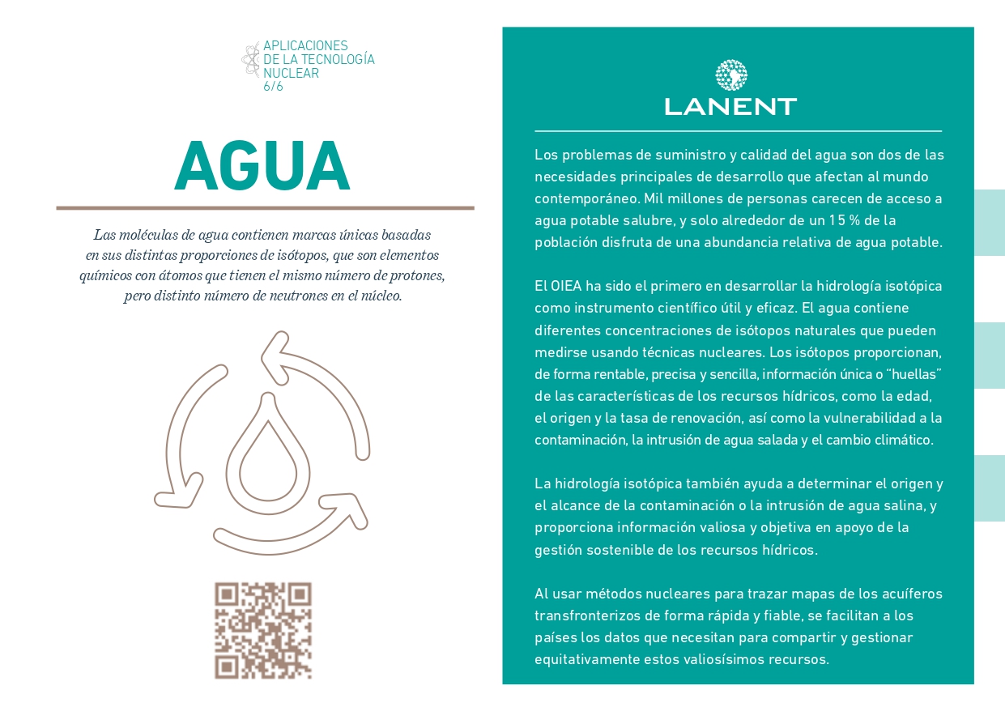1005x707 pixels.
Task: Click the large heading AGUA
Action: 262,167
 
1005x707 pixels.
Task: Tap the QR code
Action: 263,630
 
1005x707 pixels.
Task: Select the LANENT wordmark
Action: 730,106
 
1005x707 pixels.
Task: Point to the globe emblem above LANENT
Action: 730,75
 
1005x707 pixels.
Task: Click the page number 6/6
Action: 273,87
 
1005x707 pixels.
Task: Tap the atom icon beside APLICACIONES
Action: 250,59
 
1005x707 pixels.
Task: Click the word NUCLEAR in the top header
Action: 291,73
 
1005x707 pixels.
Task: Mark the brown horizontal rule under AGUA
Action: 265,208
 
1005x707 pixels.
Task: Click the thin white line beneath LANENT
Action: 738,131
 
